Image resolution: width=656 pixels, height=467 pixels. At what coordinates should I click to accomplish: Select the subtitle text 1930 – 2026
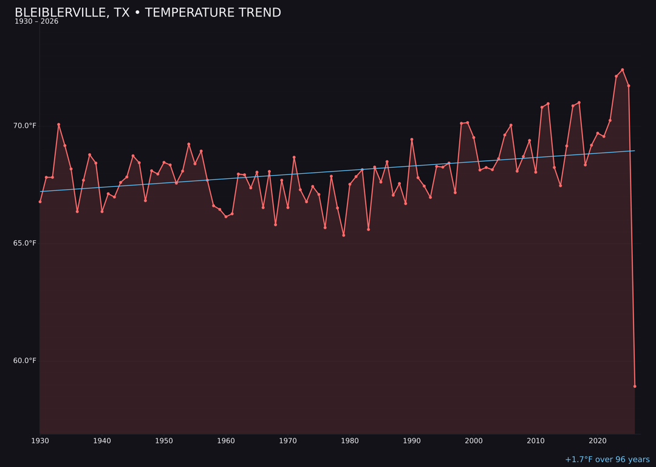(36, 22)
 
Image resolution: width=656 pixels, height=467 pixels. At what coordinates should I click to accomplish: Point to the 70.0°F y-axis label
(25, 126)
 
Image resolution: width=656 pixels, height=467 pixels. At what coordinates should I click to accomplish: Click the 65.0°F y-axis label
(25, 243)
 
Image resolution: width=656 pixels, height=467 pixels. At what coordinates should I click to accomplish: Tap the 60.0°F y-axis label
(25, 361)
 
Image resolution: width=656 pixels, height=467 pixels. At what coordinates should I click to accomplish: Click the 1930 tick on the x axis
(40, 441)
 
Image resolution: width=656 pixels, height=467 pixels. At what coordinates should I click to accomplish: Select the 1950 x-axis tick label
(164, 441)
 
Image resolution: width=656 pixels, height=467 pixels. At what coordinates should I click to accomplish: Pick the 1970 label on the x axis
(288, 441)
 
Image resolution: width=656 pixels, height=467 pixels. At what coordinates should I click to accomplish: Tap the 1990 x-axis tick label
(412, 441)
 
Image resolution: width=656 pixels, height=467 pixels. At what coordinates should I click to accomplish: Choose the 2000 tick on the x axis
(474, 441)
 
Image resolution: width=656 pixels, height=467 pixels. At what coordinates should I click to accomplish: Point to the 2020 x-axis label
(598, 441)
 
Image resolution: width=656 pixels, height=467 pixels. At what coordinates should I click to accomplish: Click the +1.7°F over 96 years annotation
(607, 460)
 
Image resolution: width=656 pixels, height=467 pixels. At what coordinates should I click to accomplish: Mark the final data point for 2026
(635, 386)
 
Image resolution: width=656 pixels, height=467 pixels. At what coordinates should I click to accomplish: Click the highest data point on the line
(623, 70)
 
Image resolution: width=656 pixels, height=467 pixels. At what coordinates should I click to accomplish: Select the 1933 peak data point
(59, 125)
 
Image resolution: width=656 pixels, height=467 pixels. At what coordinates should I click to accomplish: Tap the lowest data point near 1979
(344, 235)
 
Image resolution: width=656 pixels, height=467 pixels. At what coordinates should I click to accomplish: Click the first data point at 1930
(40, 201)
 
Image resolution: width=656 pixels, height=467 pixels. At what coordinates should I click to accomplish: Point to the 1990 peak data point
(412, 139)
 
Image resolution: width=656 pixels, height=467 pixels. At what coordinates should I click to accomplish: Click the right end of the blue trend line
(635, 151)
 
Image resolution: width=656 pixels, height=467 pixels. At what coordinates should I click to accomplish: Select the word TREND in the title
(257, 13)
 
